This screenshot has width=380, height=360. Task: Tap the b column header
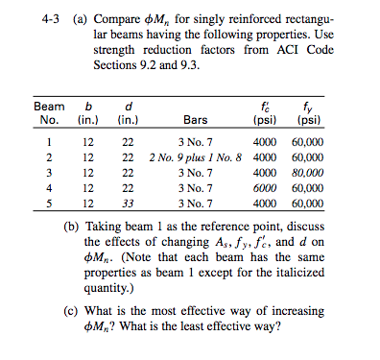click(x=88, y=106)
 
